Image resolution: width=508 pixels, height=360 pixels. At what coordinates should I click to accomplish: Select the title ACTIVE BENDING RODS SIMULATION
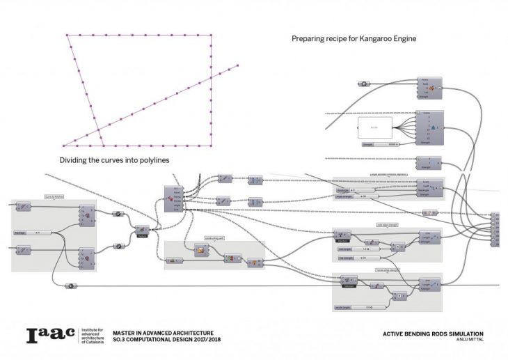pyautogui.click(x=433, y=334)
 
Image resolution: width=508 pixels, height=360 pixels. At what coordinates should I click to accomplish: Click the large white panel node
pyautogui.click(x=374, y=127)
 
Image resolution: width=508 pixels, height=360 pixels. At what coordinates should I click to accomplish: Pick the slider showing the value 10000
pyautogui.click(x=381, y=145)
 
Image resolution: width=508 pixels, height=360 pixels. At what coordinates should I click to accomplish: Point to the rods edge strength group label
pyautogui.click(x=386, y=225)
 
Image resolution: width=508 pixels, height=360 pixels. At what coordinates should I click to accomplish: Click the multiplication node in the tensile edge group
pyautogui.click(x=401, y=295)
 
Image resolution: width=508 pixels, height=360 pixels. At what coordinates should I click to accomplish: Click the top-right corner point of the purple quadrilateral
pyautogui.click(x=212, y=36)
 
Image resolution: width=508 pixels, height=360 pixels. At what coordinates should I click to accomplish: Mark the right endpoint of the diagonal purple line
pyautogui.click(x=238, y=65)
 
